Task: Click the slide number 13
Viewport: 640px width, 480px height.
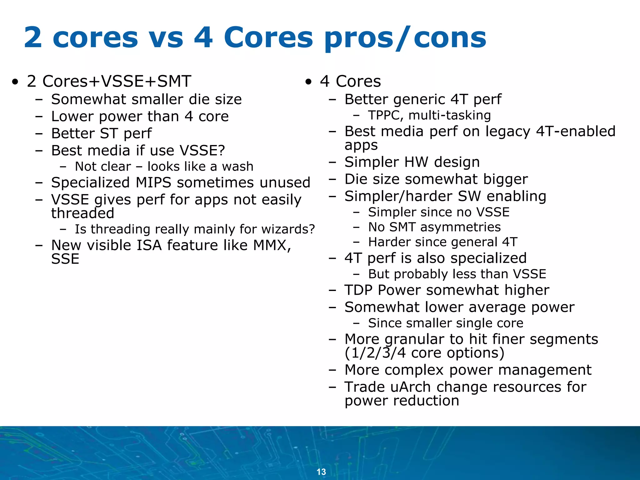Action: tap(321, 472)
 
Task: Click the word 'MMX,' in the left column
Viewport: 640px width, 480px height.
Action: tap(272, 245)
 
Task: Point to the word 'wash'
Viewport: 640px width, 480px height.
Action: tap(237, 167)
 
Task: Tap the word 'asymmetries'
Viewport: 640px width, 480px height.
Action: tap(460, 227)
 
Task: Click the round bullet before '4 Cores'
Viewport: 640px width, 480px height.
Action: tap(309, 82)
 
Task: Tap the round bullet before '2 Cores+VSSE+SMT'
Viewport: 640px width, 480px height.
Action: tap(15, 82)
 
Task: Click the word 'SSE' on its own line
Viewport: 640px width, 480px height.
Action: tap(65, 259)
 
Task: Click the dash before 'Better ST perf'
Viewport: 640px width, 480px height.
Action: tap(39, 133)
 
